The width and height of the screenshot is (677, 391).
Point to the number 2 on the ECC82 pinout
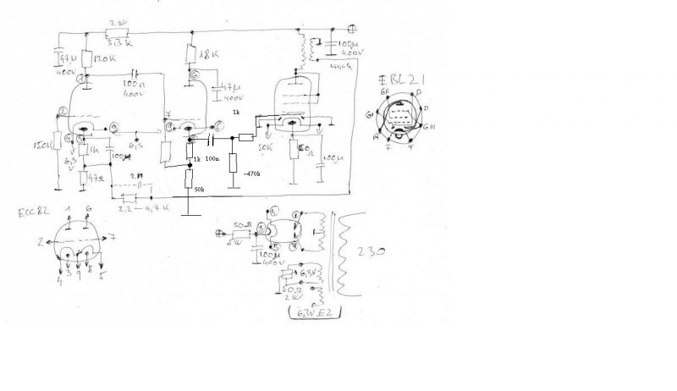pos(40,242)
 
